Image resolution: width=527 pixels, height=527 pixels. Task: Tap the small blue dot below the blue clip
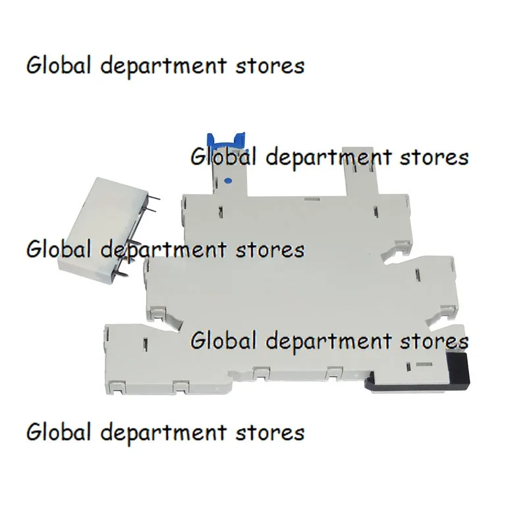click(228, 179)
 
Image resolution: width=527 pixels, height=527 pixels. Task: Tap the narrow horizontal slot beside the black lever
click(422, 362)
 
